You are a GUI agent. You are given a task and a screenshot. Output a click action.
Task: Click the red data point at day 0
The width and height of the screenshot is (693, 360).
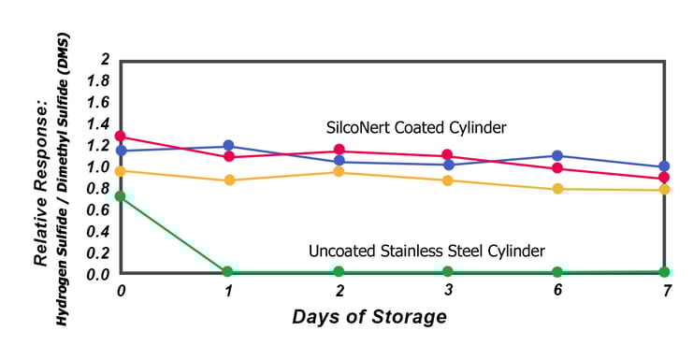(121, 137)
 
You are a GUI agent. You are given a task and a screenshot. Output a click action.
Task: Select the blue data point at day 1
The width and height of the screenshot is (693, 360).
(229, 147)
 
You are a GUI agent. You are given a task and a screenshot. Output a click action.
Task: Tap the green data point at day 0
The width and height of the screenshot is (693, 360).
(121, 197)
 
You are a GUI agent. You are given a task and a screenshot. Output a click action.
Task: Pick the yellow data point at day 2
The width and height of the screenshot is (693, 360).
(339, 172)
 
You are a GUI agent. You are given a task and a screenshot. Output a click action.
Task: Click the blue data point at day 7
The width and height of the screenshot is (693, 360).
(664, 166)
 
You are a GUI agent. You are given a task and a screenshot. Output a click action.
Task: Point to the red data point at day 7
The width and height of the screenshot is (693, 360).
(664, 178)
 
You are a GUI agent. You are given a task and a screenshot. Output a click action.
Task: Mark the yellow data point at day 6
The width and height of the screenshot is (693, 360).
(557, 189)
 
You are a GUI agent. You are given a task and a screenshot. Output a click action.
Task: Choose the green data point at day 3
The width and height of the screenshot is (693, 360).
(448, 272)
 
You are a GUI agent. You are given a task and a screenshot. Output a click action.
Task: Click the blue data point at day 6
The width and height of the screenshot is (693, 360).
(557, 156)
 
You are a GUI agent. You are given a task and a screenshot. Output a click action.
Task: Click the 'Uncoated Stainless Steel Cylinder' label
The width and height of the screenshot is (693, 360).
(426, 251)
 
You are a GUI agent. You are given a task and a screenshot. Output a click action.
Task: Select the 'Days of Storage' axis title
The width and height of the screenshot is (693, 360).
(369, 316)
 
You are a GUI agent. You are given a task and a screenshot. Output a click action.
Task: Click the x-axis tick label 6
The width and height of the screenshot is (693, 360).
(557, 292)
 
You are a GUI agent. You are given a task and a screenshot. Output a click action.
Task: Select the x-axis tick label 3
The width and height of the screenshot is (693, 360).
(448, 292)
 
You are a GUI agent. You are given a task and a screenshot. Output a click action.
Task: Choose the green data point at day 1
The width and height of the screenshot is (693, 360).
(229, 272)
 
